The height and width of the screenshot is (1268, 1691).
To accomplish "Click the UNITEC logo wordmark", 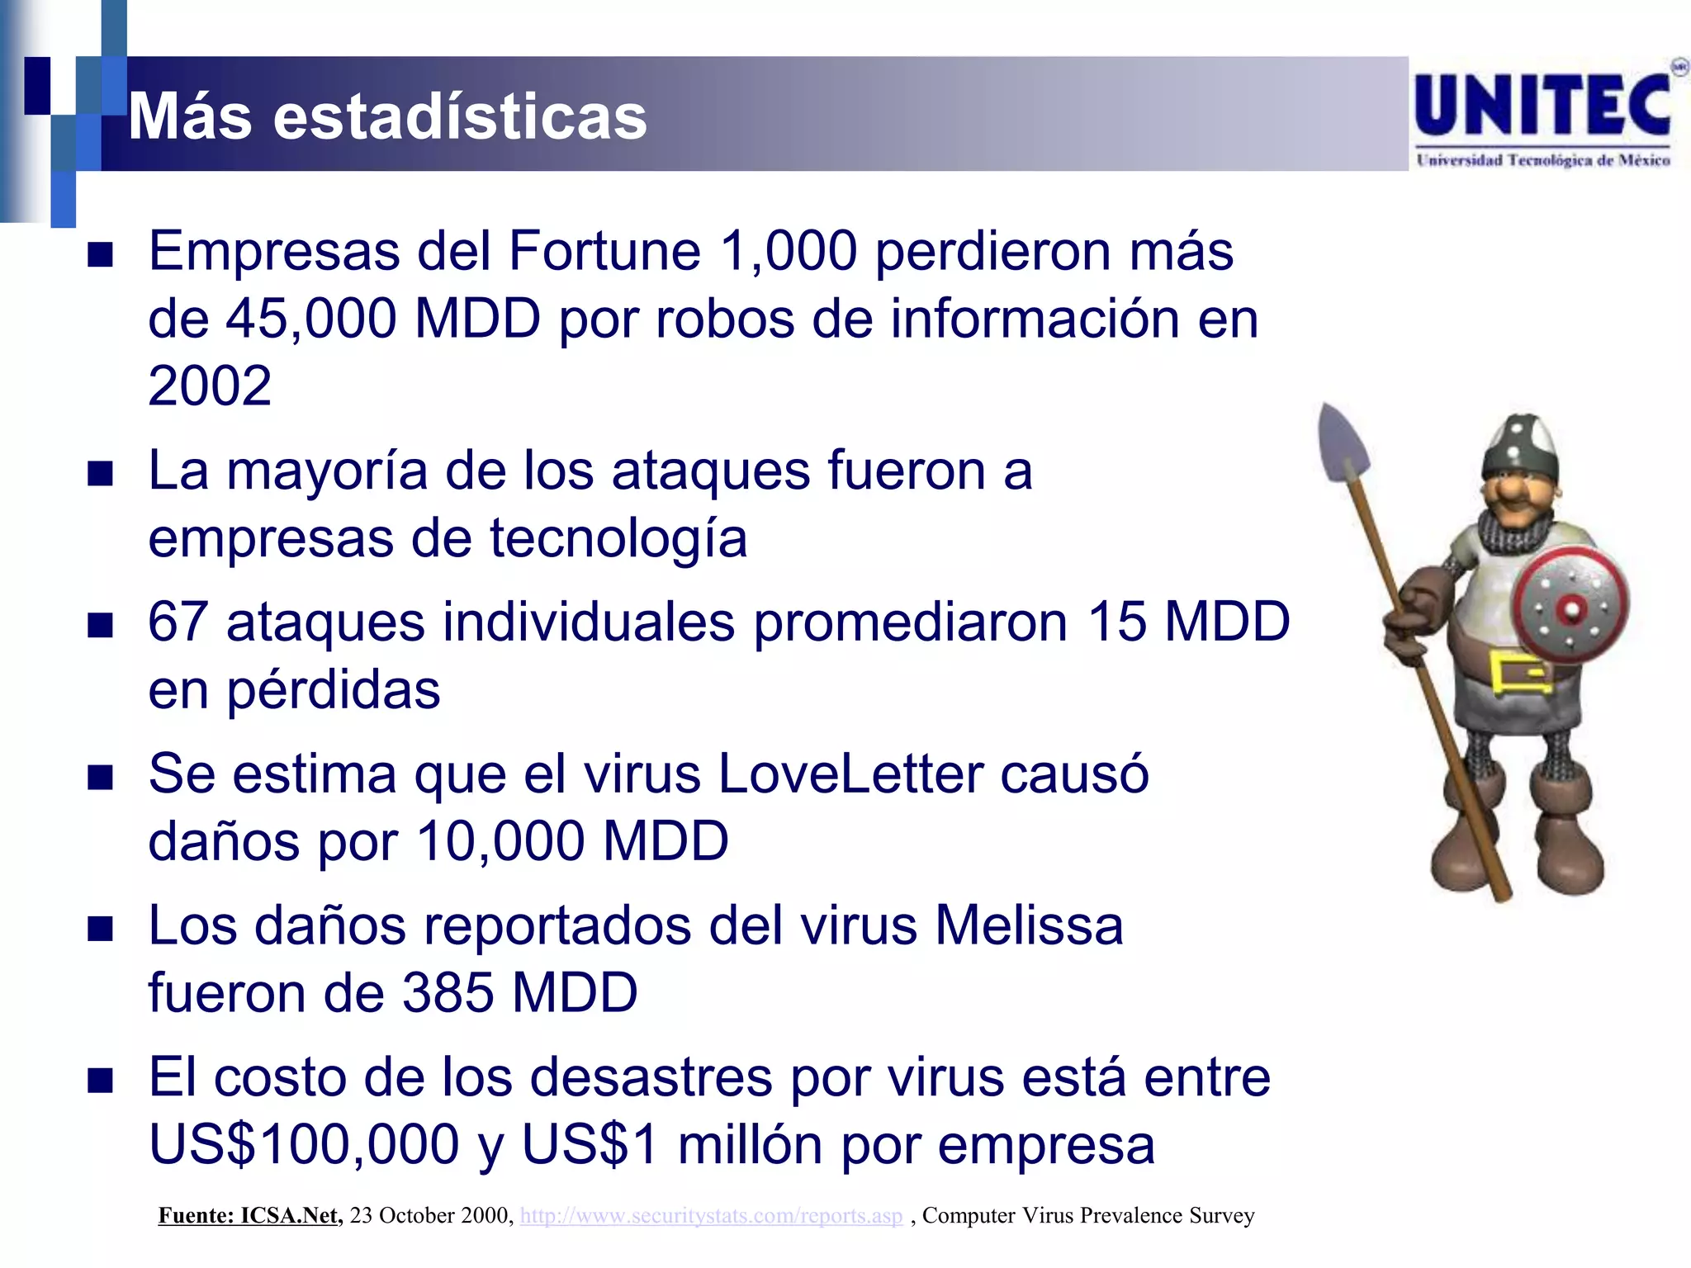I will [x=1542, y=106].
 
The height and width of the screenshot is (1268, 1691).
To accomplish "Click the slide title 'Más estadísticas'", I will [x=387, y=116].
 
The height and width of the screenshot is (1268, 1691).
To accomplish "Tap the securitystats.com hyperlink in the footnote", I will [x=711, y=1215].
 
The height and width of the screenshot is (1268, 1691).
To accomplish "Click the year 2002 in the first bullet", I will [x=210, y=386].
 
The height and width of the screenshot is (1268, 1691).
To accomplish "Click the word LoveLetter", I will [x=850, y=774].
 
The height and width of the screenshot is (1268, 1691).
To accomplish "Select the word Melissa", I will [x=1029, y=925].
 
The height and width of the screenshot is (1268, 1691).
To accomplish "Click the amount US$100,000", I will [x=304, y=1145].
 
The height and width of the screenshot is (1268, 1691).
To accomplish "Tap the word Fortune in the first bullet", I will [x=604, y=251].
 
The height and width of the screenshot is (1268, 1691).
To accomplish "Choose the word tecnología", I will [x=618, y=539].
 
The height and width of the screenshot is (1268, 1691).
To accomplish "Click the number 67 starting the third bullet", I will [x=178, y=622].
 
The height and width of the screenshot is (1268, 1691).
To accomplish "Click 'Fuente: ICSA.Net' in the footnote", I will [x=249, y=1215].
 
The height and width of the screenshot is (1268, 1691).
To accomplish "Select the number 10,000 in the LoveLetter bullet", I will [x=500, y=842].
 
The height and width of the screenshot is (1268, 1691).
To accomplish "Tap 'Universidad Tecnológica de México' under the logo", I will [x=1542, y=160].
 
